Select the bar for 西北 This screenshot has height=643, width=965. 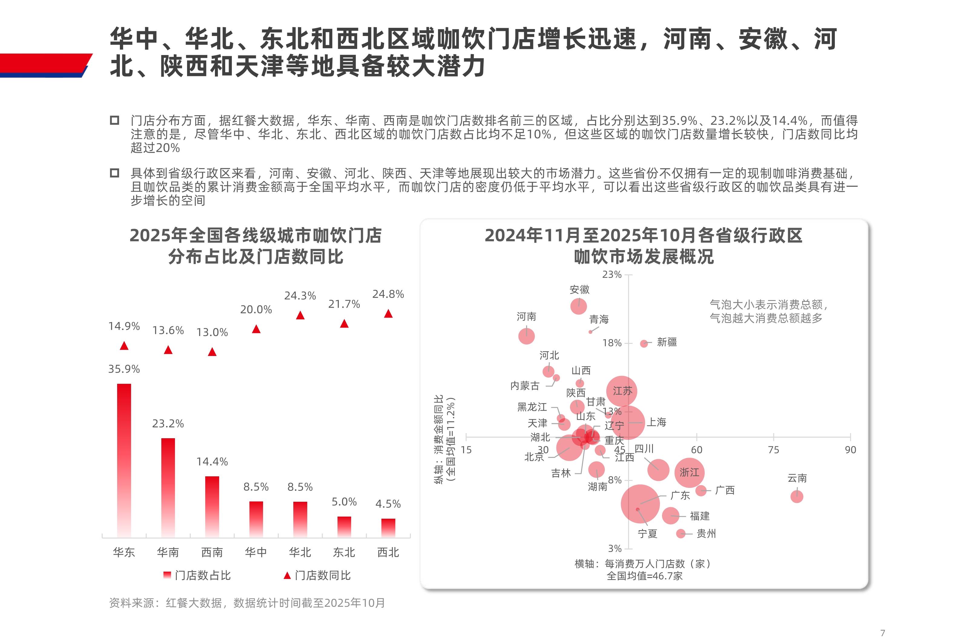click(388, 528)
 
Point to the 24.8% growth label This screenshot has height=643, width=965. click(388, 294)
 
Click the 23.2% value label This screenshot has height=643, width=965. click(168, 424)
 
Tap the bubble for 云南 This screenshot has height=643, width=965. click(797, 497)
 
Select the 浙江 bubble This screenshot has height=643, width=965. click(689, 472)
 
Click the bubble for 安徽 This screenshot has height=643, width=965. click(578, 306)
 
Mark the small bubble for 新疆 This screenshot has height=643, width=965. click(644, 344)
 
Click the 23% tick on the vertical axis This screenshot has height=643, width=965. click(612, 275)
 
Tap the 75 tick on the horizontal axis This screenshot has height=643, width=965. click(773, 450)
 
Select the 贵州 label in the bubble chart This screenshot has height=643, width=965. click(706, 534)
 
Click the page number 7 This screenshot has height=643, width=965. click(883, 633)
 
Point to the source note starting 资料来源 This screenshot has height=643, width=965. click(247, 603)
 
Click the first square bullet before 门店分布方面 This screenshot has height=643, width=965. click(114, 121)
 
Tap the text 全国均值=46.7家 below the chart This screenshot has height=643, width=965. click(644, 576)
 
